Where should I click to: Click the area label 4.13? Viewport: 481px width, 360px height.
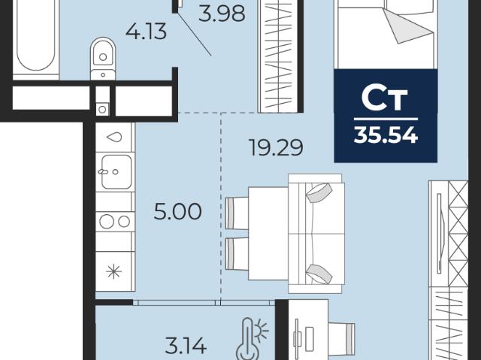point(147,32)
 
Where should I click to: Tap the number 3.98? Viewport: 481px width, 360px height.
point(222,14)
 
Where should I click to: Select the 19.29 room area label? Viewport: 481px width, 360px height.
point(276,147)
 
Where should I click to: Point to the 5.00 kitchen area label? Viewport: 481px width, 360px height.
point(177,212)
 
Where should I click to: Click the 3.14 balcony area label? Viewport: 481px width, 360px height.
point(186,345)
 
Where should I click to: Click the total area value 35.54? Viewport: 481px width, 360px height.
point(386,135)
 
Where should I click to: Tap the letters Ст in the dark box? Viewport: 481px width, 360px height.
point(385,98)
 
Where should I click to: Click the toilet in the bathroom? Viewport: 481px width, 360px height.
point(103,59)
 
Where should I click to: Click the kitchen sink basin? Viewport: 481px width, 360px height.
point(116,171)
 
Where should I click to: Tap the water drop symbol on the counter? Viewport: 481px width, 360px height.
point(113,137)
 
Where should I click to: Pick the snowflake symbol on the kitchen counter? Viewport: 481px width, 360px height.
point(113,271)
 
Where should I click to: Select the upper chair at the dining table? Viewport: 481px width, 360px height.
point(237,213)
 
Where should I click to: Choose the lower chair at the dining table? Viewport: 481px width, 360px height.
point(237,254)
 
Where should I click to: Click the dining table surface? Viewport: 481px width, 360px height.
point(268,233)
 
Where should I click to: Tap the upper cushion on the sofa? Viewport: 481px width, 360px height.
point(319,192)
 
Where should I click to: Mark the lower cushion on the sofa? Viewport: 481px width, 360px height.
point(319,274)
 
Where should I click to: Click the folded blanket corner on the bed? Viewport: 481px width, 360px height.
point(407,26)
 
